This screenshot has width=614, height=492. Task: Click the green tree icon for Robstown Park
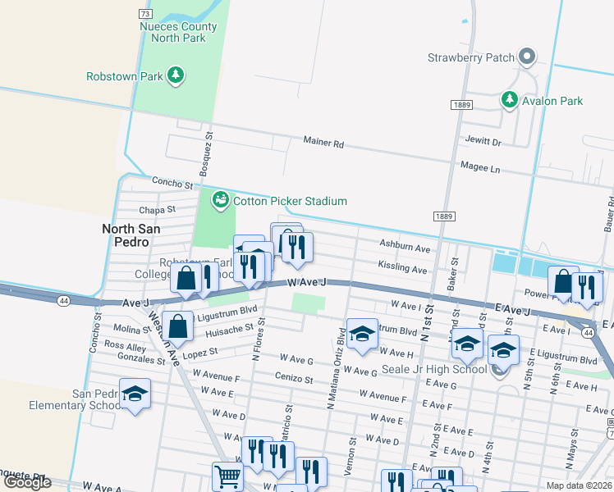175,76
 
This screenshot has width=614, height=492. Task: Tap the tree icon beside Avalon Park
510,100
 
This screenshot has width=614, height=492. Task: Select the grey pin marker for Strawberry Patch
527,57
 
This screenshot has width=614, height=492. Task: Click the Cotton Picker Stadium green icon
220,200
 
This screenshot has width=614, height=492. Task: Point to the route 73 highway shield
144,14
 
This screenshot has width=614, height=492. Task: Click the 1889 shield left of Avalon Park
460,105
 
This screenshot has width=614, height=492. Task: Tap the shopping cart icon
227,476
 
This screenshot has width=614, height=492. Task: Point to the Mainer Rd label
323,143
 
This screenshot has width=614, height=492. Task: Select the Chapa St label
158,210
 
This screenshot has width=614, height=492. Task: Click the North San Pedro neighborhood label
126,235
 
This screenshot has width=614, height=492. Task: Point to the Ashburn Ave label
404,247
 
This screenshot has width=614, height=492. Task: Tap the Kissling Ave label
402,268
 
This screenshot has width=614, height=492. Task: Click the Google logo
27,482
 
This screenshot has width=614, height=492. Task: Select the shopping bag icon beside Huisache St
177,326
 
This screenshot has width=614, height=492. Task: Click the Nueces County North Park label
178,32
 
